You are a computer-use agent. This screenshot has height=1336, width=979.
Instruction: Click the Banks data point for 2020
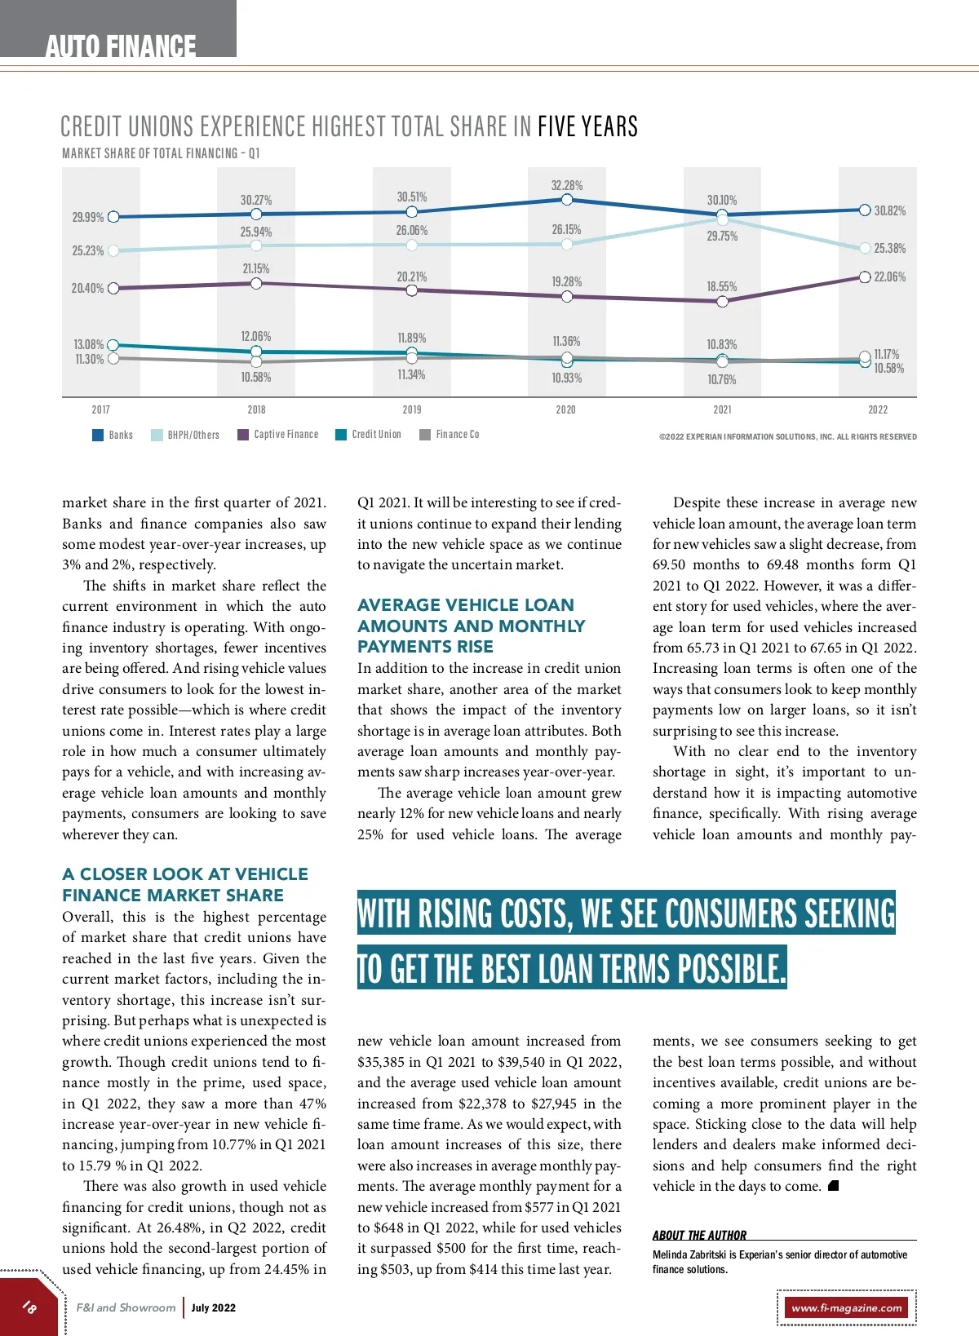point(567,199)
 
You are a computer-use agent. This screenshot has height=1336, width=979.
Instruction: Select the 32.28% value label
point(567,186)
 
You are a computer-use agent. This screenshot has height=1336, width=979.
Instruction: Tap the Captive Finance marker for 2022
point(865,277)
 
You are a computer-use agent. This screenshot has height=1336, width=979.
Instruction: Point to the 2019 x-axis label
point(412,409)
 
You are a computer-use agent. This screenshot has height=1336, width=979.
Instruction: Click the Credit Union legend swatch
point(341,435)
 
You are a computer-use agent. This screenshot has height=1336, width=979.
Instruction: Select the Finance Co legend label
point(457,435)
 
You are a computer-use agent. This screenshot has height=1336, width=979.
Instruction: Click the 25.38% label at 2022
point(889,248)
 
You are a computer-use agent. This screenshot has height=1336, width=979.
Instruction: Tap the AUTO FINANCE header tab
point(120,46)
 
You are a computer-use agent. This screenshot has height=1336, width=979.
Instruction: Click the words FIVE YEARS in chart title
point(587,126)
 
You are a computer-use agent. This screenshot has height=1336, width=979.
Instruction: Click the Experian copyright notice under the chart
point(787,436)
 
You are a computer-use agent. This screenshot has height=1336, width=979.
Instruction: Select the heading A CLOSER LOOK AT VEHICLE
point(185,874)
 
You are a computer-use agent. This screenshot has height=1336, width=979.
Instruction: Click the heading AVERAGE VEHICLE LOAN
point(466,604)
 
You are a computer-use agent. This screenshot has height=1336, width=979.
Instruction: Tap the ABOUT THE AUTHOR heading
point(699,1235)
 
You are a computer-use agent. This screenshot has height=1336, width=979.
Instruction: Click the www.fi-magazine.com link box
point(847,1307)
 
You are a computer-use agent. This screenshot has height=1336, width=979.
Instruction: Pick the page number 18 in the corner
point(29,1307)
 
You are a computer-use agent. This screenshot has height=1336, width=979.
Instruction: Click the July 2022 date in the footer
point(214,1307)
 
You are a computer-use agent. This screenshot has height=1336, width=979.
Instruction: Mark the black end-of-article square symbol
point(833,1186)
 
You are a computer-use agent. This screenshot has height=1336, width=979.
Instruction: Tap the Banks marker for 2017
point(113,217)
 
